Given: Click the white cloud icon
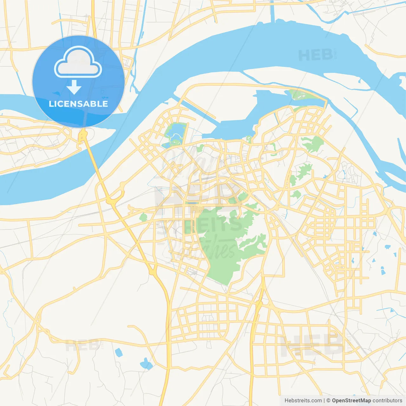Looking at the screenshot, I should (x=78, y=63).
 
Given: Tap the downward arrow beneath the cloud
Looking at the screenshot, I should (x=74, y=87).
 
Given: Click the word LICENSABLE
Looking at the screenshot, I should (x=78, y=104).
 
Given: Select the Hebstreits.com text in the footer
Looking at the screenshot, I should (x=303, y=401).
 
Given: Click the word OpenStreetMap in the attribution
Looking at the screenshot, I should (x=351, y=401).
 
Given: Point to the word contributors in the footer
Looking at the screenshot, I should (x=387, y=401).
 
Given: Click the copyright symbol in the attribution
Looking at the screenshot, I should (x=328, y=401).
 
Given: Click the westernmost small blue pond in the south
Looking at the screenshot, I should (x=118, y=352).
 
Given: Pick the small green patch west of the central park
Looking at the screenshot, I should (x=143, y=217).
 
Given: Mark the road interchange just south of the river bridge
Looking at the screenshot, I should (x=111, y=200).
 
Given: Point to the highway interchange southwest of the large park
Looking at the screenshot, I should (x=153, y=272).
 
